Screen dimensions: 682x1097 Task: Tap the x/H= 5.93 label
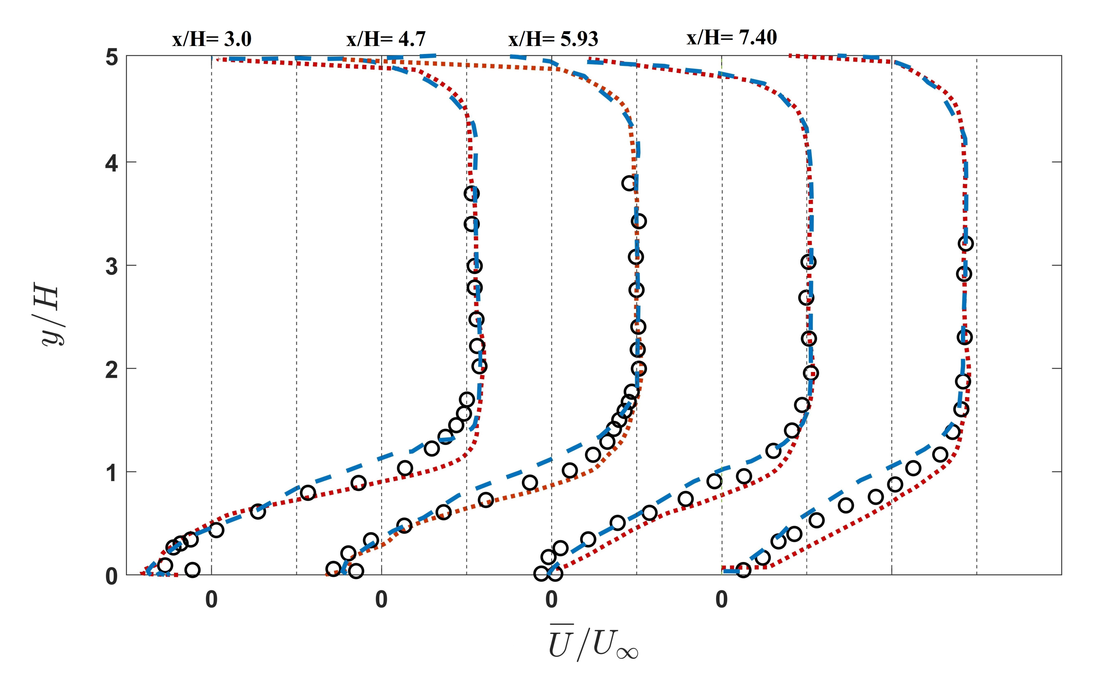[x=553, y=40]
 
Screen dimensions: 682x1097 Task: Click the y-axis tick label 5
[x=111, y=59]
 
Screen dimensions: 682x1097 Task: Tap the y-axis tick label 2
[x=111, y=369]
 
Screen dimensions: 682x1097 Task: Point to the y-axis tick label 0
[x=111, y=576]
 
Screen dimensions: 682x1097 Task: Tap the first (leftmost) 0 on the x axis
[x=211, y=600]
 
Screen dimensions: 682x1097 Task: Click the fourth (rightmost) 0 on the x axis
[x=722, y=600]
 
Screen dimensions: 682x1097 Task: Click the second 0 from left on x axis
[x=381, y=600]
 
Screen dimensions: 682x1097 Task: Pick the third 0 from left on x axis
[x=551, y=600]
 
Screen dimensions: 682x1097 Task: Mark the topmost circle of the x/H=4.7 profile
[x=629, y=183]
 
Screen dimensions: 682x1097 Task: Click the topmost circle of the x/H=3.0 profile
[x=471, y=194]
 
